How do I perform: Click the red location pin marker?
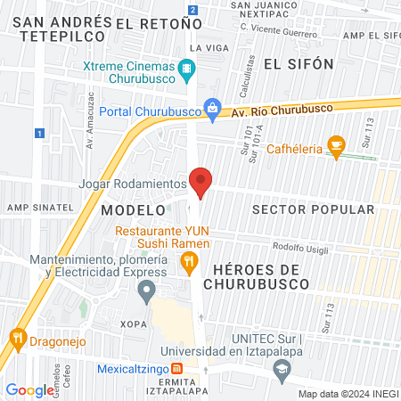click(200, 182)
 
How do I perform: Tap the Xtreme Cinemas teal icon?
click(186, 68)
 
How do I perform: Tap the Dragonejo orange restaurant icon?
click(18, 338)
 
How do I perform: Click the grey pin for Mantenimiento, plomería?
click(147, 290)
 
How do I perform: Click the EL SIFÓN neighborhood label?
click(299, 64)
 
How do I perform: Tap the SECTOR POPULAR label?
click(313, 209)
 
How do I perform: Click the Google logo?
click(29, 389)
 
